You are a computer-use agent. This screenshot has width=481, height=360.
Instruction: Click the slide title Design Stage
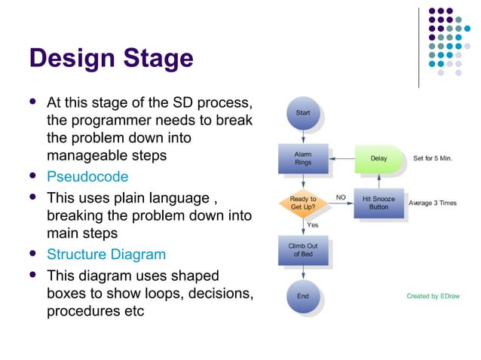(x=110, y=58)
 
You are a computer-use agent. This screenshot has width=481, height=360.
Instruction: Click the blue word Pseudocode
(x=87, y=177)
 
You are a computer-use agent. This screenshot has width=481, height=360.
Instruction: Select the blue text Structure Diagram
(x=106, y=255)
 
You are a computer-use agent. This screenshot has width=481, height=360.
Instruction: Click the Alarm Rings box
(x=302, y=158)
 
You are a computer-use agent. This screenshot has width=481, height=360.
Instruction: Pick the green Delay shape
(x=379, y=159)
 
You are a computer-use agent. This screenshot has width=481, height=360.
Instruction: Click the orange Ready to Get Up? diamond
(x=302, y=203)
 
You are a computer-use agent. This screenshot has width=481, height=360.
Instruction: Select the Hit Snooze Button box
(x=378, y=203)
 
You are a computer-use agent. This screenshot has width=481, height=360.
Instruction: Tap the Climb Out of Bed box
(x=302, y=250)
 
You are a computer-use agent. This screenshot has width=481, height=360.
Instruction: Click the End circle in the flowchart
(x=302, y=296)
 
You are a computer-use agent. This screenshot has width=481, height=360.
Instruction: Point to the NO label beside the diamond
(x=341, y=197)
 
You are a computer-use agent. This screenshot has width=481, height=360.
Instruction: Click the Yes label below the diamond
(x=313, y=224)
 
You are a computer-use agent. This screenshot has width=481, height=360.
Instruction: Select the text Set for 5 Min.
(x=433, y=159)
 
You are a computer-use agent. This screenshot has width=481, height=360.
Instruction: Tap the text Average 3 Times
(x=433, y=203)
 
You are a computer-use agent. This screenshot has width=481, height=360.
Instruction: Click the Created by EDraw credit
(x=432, y=296)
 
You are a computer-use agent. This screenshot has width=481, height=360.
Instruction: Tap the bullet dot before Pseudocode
(x=32, y=177)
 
